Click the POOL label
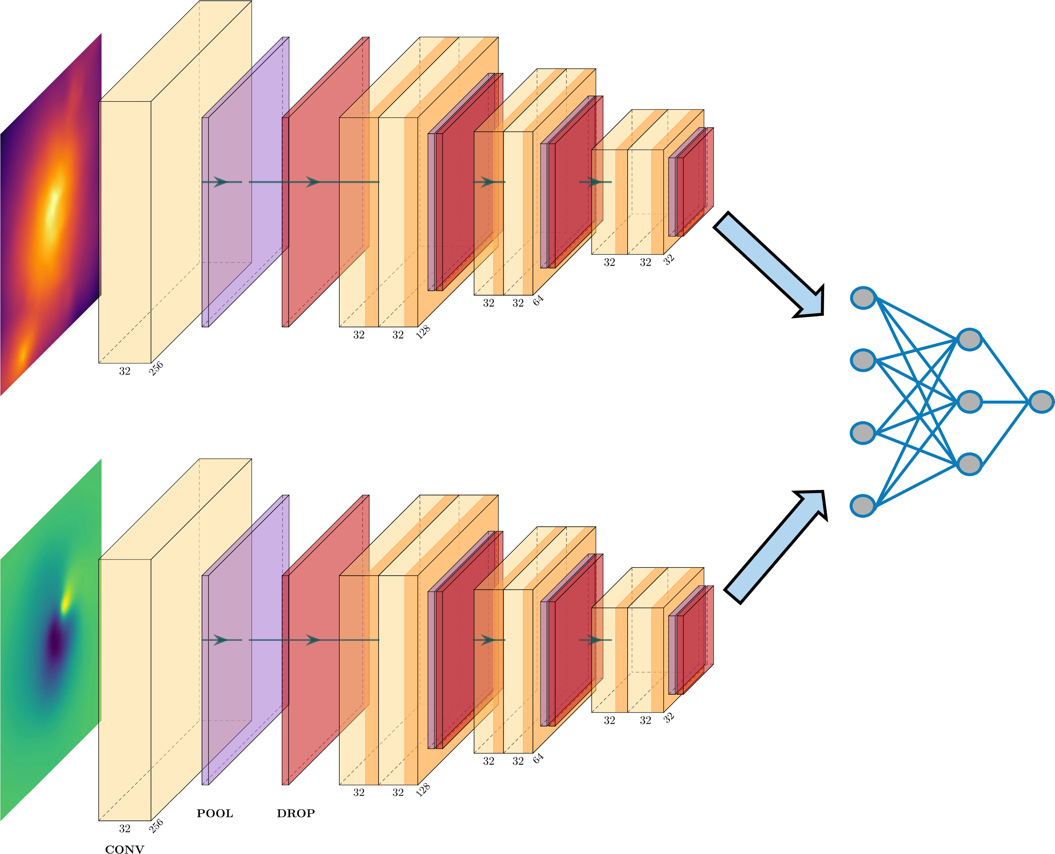click(x=215, y=813)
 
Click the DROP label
click(x=295, y=813)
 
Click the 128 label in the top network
click(x=423, y=332)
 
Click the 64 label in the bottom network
click(x=538, y=758)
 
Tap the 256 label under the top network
click(x=156, y=368)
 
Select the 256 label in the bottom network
click(x=156, y=826)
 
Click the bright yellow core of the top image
click(x=53, y=209)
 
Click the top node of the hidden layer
click(x=969, y=340)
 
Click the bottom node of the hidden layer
click(x=969, y=464)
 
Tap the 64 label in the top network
click(x=538, y=300)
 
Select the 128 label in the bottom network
click(x=423, y=790)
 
